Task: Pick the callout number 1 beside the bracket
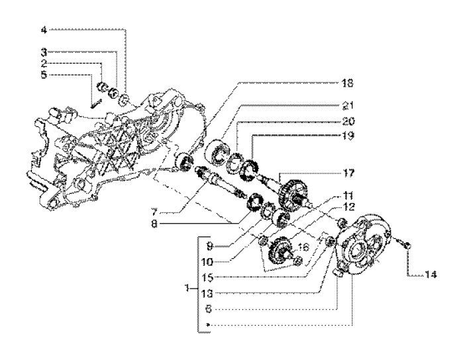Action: pyautogui.click(x=190, y=289)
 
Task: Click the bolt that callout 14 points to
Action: pyautogui.click(x=406, y=246)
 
